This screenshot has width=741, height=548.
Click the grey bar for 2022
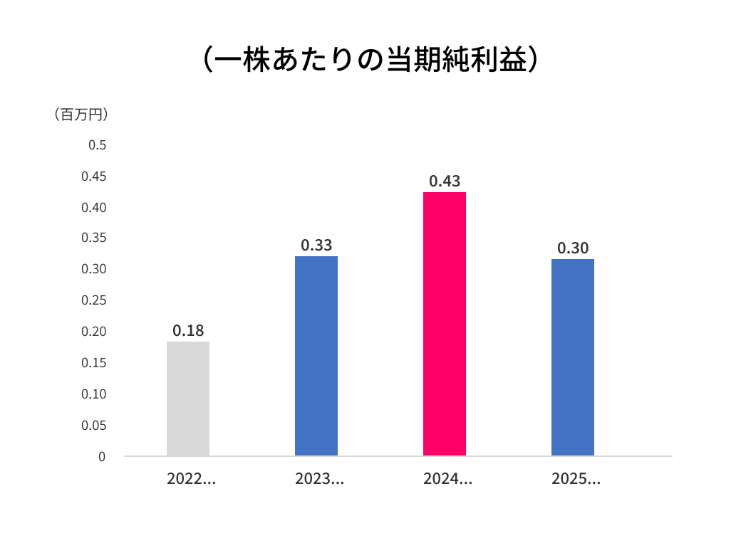coord(188,399)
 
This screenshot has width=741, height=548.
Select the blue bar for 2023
coord(316,356)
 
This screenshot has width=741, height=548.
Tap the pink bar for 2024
coord(445,324)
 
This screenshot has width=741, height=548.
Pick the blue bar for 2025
coord(573,357)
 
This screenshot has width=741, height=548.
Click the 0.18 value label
coord(188,330)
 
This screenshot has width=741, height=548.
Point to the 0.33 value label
coord(316,245)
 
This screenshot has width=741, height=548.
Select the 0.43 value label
coord(445,181)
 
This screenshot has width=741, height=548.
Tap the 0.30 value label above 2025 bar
coord(573,248)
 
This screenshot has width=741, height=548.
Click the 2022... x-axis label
coord(191,479)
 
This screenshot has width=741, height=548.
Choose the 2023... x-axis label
coord(319,479)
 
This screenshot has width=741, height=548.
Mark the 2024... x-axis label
coord(447,479)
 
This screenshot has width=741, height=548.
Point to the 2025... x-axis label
coord(576,479)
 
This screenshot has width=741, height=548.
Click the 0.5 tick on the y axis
coord(97,145)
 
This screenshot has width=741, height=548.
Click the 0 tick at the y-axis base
coord(102,457)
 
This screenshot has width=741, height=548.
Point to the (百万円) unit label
coord(82,114)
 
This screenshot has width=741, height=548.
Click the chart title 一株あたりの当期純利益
coord(370,60)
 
